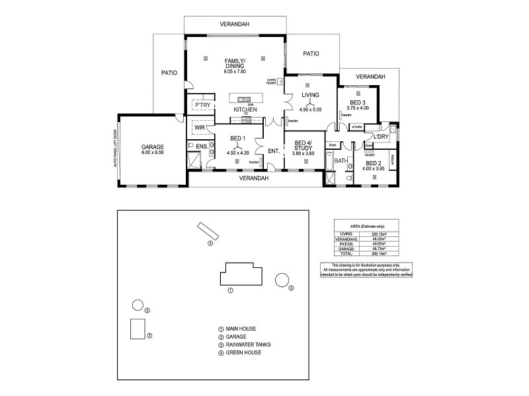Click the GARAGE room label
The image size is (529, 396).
point(152,147)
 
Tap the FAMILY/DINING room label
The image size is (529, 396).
point(235,63)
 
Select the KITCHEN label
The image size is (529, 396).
point(245,109)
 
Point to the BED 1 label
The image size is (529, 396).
point(238,138)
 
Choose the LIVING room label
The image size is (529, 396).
point(310,95)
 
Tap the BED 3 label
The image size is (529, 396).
point(358,102)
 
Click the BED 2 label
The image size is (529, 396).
point(374,162)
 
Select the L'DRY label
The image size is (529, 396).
point(380,137)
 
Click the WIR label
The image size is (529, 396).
point(200,127)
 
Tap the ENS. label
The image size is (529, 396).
point(202,146)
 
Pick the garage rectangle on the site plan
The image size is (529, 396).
point(138,328)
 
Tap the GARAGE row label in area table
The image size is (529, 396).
point(346,248)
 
